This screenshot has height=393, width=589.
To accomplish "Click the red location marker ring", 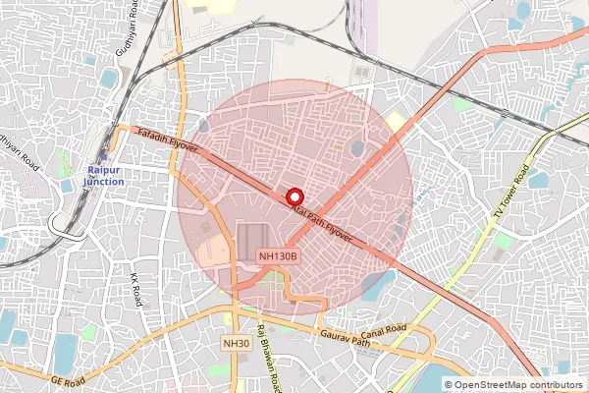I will coord(294,195).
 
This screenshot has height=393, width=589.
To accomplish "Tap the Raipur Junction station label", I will coord(103,175).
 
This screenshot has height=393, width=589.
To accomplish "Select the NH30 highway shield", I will coord(237,343).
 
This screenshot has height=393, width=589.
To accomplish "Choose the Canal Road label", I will coord(382,329).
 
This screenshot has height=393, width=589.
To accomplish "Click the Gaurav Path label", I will coord(348,339).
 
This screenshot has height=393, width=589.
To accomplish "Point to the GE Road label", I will coord(69,377).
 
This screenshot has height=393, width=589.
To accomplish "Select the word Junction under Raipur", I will coord(103,182).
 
